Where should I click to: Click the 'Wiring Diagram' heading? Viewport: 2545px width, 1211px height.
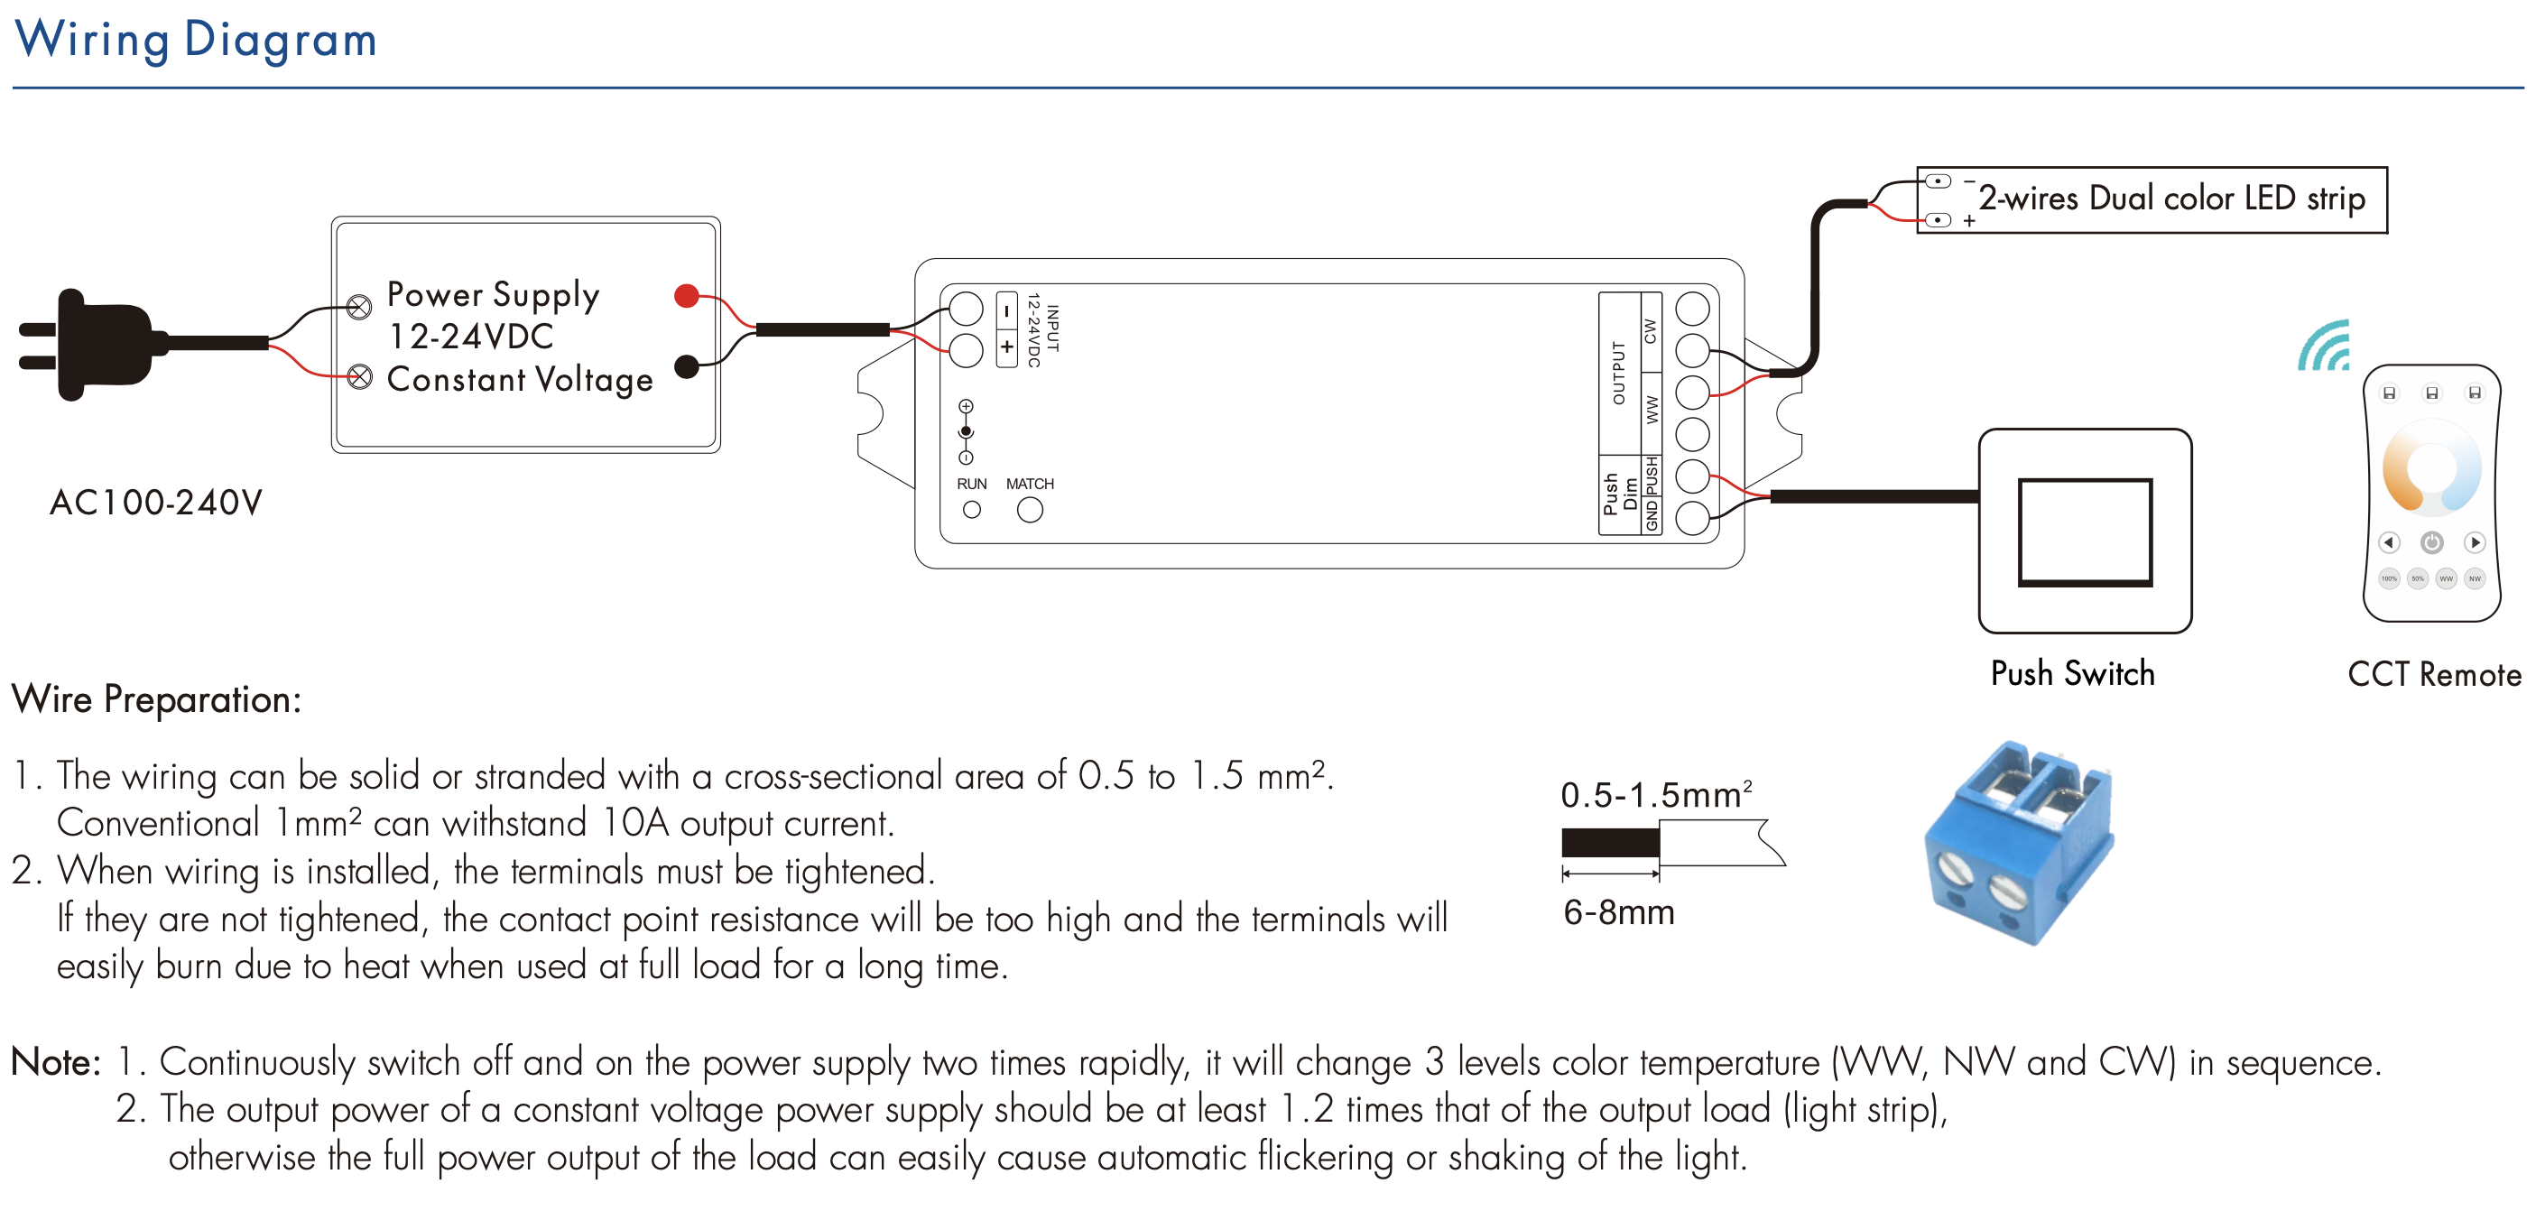(x=196, y=41)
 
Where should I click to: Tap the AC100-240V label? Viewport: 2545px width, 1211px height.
(x=156, y=503)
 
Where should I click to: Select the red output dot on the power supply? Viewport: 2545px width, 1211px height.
(x=687, y=295)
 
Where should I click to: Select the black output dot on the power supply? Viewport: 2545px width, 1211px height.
(x=687, y=366)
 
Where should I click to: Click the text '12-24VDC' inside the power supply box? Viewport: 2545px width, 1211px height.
(x=471, y=337)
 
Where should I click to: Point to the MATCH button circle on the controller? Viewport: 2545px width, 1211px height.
(x=1030, y=510)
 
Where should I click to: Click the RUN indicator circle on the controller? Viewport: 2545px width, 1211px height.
(x=972, y=510)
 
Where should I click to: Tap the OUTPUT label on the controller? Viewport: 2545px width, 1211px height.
(x=1618, y=373)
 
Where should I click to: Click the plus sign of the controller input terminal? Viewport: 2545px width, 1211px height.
(x=1007, y=347)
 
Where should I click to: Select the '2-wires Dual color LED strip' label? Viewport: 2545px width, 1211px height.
(x=2171, y=199)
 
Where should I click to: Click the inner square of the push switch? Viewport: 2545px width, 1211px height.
(x=2085, y=532)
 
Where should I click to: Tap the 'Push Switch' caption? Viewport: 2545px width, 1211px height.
(x=2073, y=674)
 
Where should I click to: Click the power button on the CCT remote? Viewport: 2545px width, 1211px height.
(x=2431, y=542)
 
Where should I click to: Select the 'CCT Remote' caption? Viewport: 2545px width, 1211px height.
(x=2434, y=675)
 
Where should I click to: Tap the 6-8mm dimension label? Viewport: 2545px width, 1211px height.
(x=1618, y=911)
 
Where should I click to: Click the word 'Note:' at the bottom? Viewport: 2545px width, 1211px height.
(x=55, y=1063)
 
